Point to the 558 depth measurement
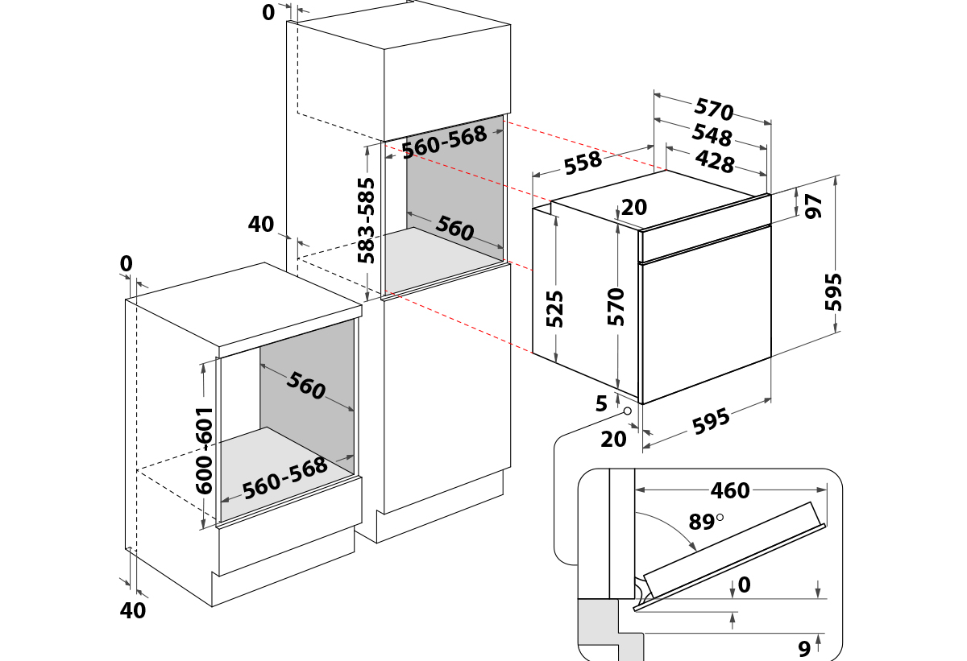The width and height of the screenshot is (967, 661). tap(583, 163)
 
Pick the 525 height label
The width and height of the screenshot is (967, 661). tap(555, 308)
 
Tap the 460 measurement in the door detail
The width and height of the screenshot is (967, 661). tap(730, 490)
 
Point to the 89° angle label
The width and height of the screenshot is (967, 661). tap(703, 522)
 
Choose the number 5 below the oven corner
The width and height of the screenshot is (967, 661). tap(601, 404)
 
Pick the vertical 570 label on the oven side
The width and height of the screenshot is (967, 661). tap(616, 307)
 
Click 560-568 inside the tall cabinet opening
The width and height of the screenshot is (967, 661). tap(444, 143)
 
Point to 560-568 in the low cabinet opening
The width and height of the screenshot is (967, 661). tap(285, 478)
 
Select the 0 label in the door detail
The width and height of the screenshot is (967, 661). tap(743, 585)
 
